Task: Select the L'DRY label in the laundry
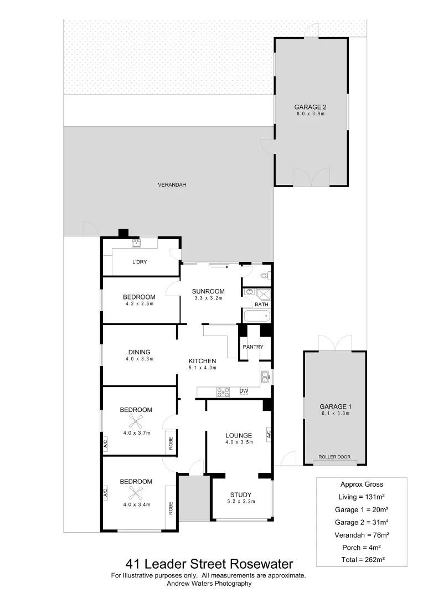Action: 139,262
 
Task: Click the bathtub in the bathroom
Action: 256,316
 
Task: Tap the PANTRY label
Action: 252,347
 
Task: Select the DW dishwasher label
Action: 244,391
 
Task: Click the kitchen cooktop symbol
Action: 223,391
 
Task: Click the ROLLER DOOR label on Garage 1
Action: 335,457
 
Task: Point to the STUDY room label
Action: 240,495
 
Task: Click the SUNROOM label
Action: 208,291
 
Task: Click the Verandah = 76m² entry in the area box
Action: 362,535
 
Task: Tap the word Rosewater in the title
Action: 261,564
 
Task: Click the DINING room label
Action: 139,352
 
